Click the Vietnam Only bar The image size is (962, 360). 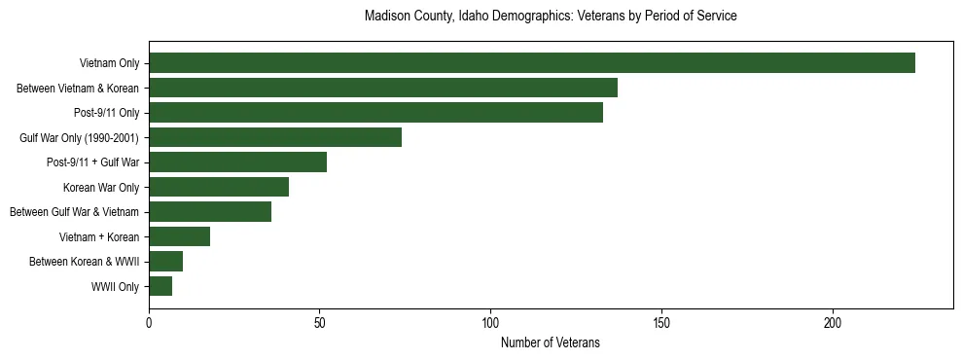click(x=532, y=63)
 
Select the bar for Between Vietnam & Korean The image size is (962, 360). click(x=383, y=88)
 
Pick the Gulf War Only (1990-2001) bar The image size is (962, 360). click(x=275, y=137)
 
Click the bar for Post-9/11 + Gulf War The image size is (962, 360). click(x=237, y=162)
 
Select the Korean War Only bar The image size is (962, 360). click(x=219, y=187)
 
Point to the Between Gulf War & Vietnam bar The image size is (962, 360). click(x=210, y=212)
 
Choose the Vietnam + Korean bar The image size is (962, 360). click(x=179, y=236)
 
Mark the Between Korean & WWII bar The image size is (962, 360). click(x=165, y=262)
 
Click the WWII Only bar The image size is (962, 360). click(x=160, y=286)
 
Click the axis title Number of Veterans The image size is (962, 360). click(x=551, y=342)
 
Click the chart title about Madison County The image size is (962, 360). click(x=551, y=17)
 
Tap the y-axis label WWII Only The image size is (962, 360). click(x=115, y=287)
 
